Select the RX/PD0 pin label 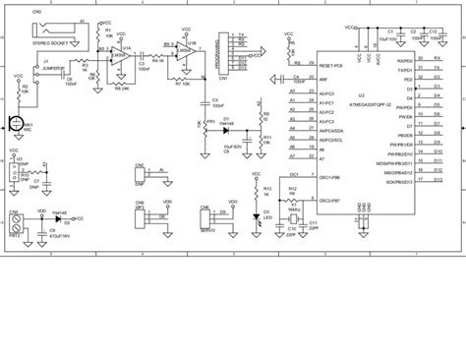(404, 61)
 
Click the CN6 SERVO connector (207, 215)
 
